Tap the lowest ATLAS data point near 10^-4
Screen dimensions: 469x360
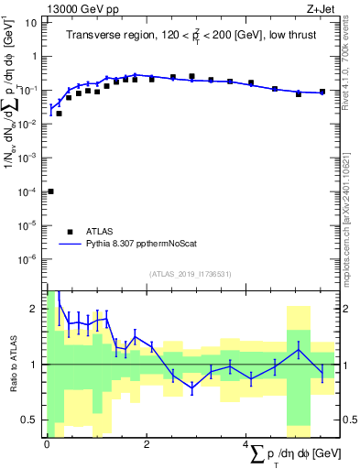pyautogui.click(x=50, y=191)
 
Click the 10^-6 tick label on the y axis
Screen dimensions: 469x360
pyautogui.click(x=30, y=259)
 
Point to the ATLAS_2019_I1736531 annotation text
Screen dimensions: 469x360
pyautogui.click(x=190, y=274)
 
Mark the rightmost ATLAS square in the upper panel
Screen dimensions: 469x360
pyautogui.click(x=322, y=92)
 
